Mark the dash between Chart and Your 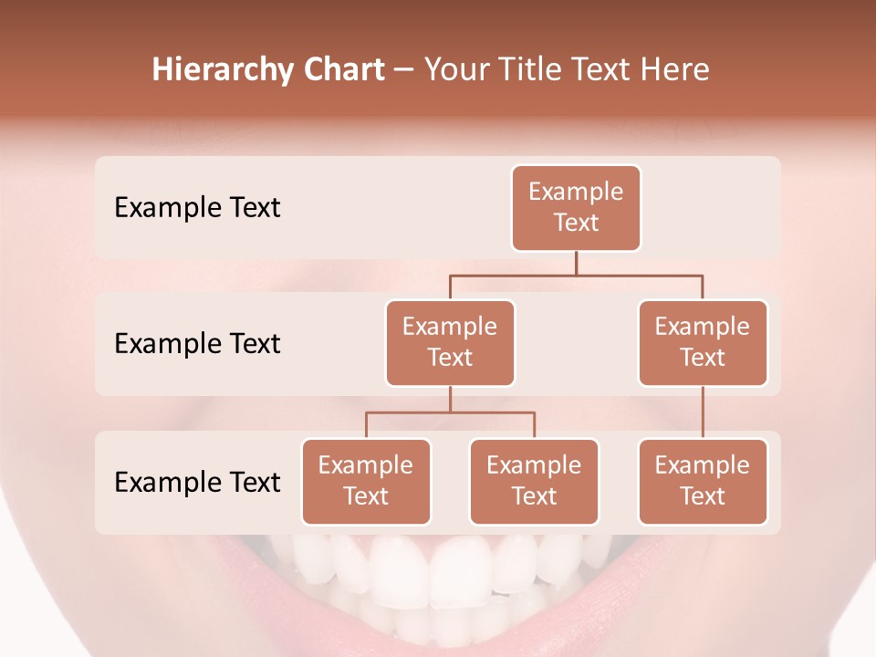click(403, 71)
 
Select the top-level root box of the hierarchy click(576, 208)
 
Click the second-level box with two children click(450, 343)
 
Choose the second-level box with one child click(703, 343)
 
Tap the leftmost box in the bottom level click(366, 482)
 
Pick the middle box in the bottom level click(534, 482)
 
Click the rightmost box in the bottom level click(703, 482)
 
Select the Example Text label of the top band click(197, 208)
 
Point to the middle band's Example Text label click(197, 344)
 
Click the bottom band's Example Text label click(197, 482)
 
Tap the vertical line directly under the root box click(576, 263)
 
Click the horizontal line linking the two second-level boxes click(575, 275)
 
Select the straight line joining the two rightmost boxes click(703, 412)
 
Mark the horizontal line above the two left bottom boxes click(450, 412)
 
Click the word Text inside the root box click(576, 223)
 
